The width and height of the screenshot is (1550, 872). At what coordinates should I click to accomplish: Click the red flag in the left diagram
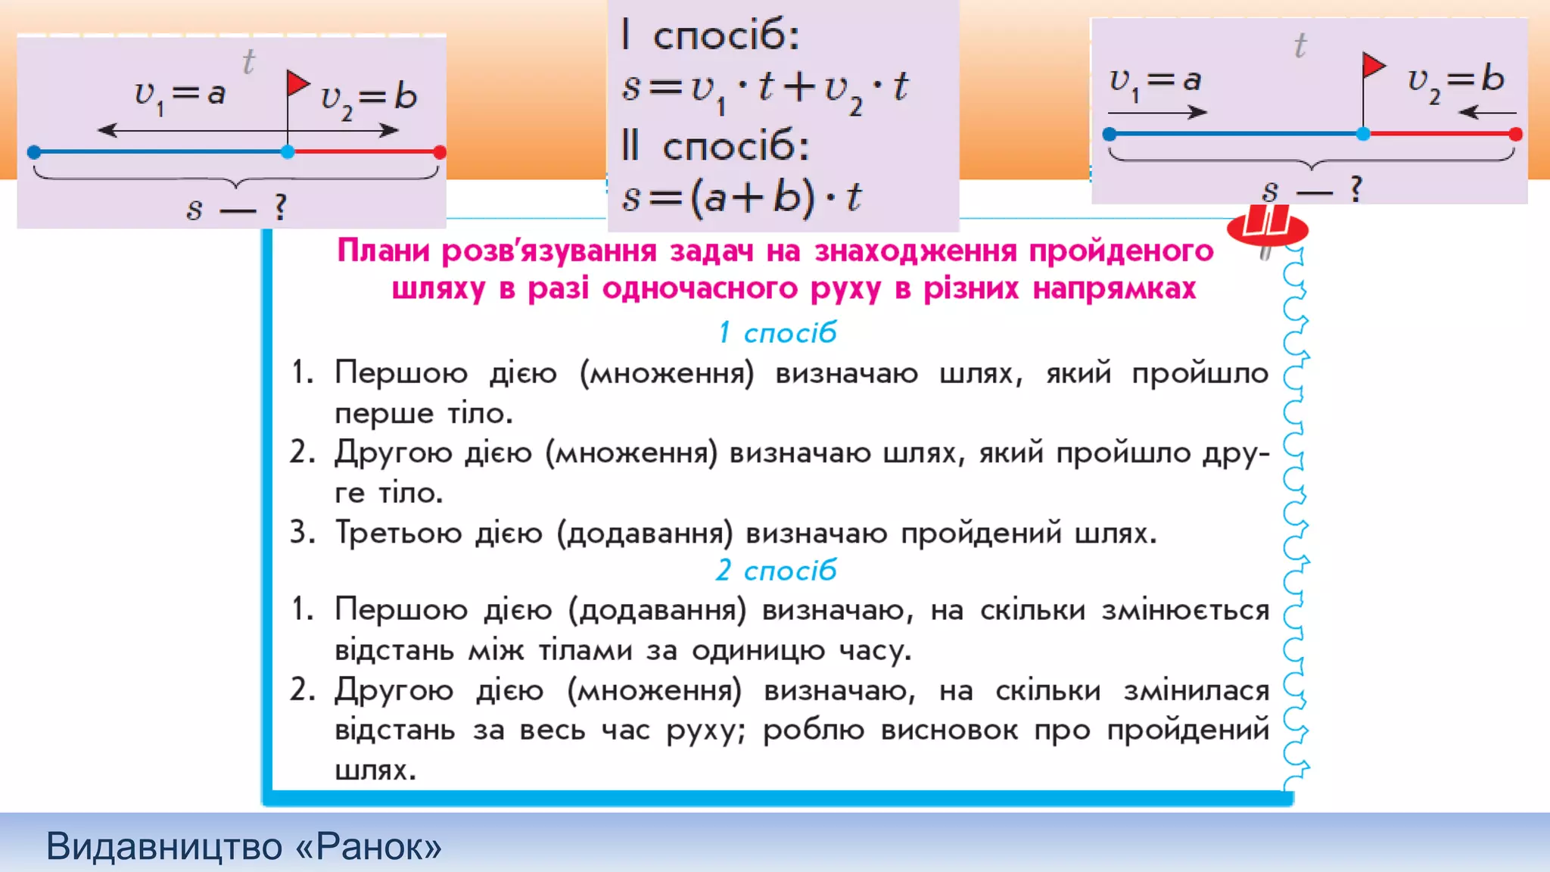(297, 83)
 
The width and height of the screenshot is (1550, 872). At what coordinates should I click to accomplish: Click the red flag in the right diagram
(1372, 66)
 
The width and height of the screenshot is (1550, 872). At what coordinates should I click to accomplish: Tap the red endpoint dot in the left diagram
(440, 152)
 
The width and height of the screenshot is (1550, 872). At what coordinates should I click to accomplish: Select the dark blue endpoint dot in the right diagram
(1110, 135)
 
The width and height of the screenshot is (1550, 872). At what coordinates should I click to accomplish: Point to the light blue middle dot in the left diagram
(288, 152)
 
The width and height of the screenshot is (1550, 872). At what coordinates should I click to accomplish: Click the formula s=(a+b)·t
(742, 198)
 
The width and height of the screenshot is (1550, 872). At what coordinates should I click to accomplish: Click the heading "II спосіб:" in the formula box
(715, 145)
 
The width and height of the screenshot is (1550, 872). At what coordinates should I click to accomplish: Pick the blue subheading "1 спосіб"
(777, 332)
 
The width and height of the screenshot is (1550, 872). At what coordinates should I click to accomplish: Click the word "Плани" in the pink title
(384, 251)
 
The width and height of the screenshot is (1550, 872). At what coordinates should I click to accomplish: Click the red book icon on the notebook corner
(1267, 227)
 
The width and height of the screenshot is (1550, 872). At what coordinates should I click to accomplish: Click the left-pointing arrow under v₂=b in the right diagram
(1486, 113)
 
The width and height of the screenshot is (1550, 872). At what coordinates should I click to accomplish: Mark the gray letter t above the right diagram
(1300, 45)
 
